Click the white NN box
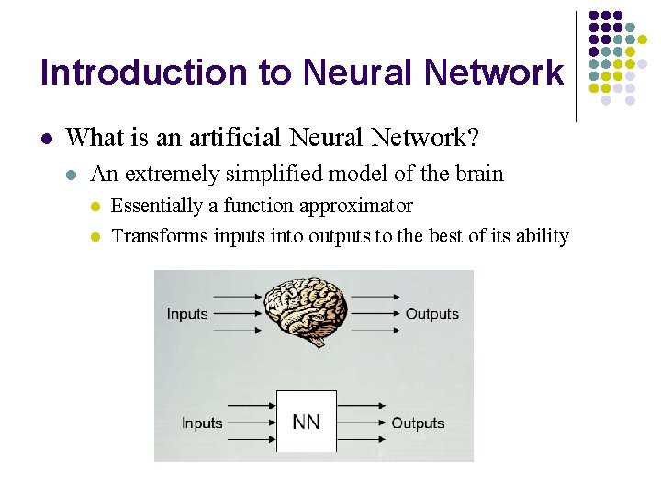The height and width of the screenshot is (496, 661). click(x=307, y=422)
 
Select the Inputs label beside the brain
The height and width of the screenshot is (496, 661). click(x=187, y=314)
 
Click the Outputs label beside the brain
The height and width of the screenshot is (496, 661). click(x=431, y=314)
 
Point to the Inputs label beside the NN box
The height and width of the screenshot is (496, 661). click(x=202, y=423)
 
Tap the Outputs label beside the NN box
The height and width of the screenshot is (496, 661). click(x=418, y=423)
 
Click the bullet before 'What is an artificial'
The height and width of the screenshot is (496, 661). click(x=47, y=139)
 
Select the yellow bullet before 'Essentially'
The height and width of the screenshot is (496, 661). click(x=94, y=207)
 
